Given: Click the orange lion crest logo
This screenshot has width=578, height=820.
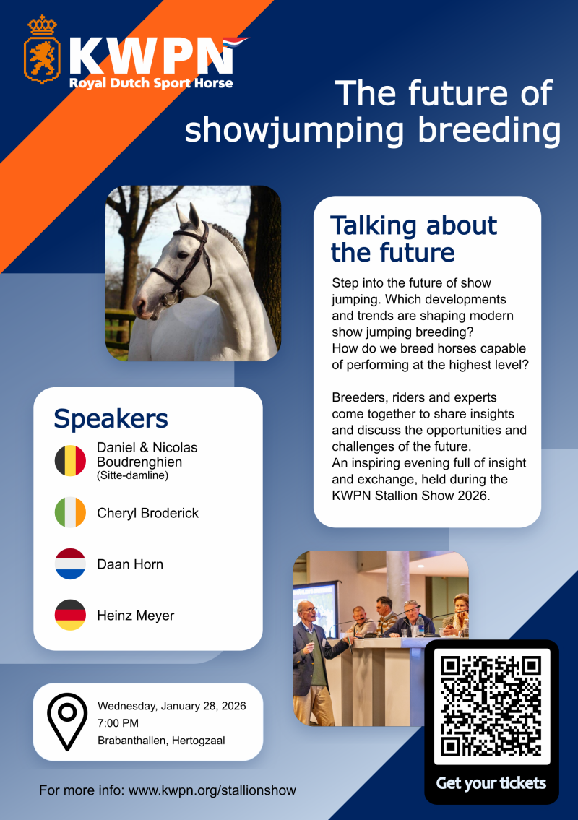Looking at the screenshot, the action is pyautogui.click(x=42, y=50).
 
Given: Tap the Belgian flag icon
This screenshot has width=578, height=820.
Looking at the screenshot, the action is pyautogui.click(x=70, y=461).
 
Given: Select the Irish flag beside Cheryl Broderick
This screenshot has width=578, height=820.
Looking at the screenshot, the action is pyautogui.click(x=70, y=512).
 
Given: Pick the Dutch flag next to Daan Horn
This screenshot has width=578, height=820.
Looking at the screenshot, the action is pyautogui.click(x=70, y=564).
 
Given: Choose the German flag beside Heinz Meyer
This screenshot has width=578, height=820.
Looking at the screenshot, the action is pyautogui.click(x=70, y=615).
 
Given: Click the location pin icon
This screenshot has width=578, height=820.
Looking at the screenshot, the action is pyautogui.click(x=67, y=722).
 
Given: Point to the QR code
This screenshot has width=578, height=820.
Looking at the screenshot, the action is pyautogui.click(x=491, y=706).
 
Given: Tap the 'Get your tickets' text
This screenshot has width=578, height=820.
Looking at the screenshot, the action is pyautogui.click(x=491, y=783).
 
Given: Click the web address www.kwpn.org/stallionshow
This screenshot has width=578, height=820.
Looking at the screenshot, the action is pyautogui.click(x=212, y=790).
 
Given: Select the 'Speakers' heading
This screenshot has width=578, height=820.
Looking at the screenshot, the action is pyautogui.click(x=111, y=418).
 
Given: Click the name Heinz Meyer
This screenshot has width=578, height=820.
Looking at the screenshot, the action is pyautogui.click(x=136, y=616).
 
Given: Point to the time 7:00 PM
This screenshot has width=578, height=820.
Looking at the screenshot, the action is pyautogui.click(x=118, y=723).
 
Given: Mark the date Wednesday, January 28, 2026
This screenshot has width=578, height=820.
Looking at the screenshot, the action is pyautogui.click(x=171, y=706).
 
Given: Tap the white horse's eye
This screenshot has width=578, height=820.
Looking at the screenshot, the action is pyautogui.click(x=182, y=256).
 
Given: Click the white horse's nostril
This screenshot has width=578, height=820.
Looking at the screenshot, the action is pyautogui.click(x=141, y=308).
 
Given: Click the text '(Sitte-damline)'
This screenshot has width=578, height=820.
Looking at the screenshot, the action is pyautogui.click(x=132, y=475).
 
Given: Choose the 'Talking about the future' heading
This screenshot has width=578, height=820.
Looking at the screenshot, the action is pyautogui.click(x=413, y=239).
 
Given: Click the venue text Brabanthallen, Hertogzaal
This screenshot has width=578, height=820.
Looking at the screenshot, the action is pyautogui.click(x=161, y=741).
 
